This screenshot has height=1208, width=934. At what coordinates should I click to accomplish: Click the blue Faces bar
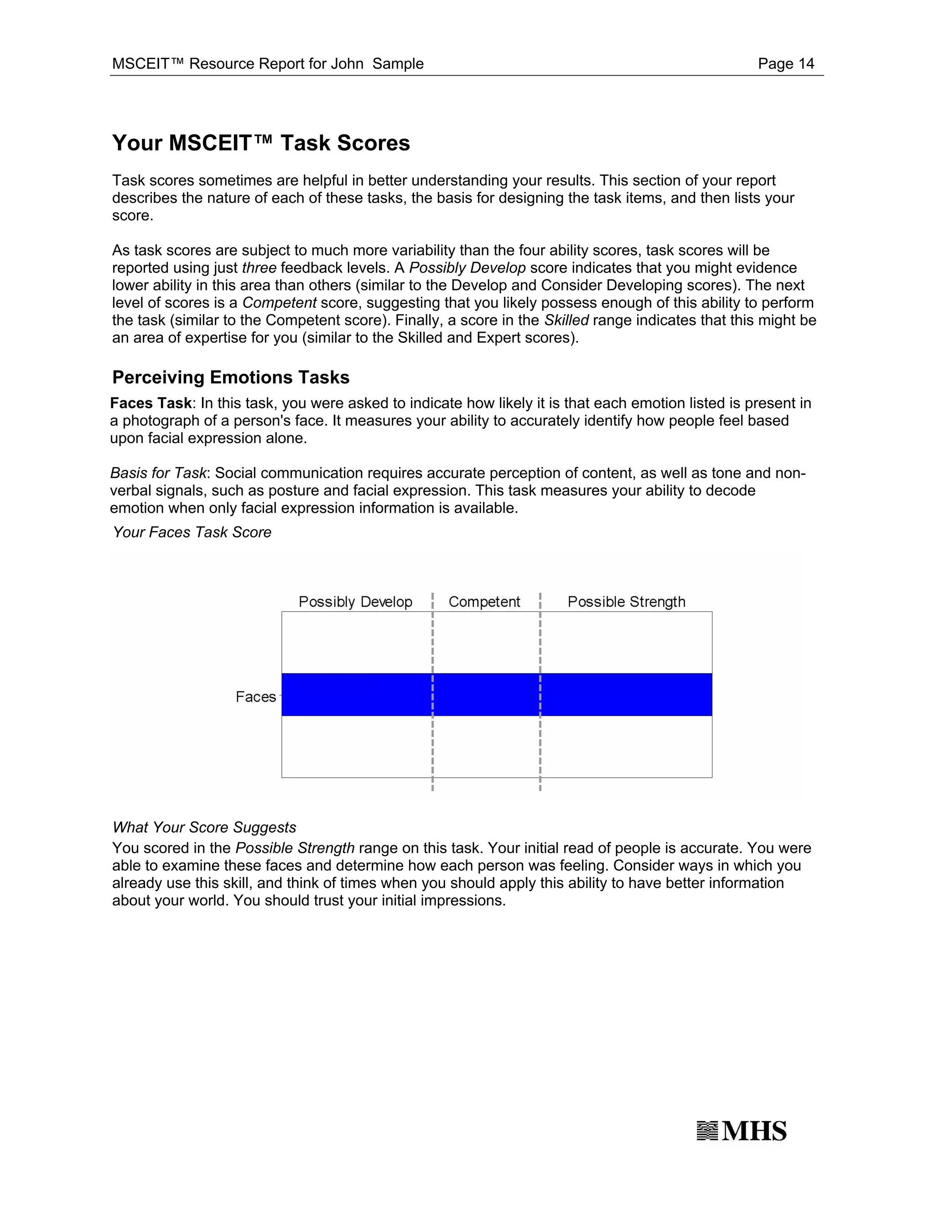(x=496, y=694)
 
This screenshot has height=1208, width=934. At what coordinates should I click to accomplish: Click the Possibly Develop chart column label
(x=355, y=602)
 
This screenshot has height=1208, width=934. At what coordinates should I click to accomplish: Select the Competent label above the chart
(x=484, y=602)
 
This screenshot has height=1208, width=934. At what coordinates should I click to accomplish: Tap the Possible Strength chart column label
(x=626, y=602)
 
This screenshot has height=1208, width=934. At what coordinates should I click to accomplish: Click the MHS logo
(x=742, y=1131)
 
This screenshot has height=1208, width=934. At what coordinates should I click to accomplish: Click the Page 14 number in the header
(x=786, y=64)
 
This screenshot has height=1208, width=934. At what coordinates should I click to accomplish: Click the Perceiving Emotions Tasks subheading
(x=231, y=377)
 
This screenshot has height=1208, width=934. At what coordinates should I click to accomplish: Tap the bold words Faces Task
(x=150, y=403)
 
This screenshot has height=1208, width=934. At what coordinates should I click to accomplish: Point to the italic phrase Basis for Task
(x=158, y=473)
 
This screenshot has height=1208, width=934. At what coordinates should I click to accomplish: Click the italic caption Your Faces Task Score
(x=192, y=532)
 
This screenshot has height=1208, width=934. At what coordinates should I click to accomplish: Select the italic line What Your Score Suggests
(x=204, y=827)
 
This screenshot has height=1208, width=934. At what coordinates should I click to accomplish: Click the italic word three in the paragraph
(x=259, y=268)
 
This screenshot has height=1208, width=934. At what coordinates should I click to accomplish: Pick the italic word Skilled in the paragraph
(x=566, y=320)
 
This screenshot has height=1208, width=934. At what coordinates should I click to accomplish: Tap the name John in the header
(x=347, y=64)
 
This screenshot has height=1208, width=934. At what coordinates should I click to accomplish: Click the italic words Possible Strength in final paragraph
(x=295, y=848)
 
